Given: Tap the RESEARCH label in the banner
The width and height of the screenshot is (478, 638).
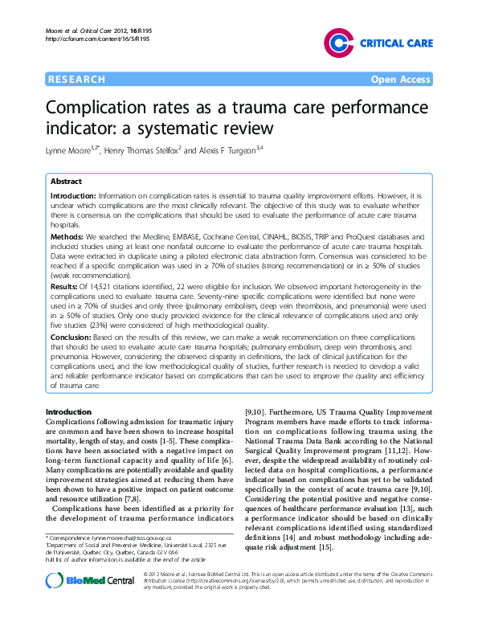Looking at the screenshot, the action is click(x=77, y=80).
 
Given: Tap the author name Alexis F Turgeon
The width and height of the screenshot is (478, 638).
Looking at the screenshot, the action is click(x=231, y=150).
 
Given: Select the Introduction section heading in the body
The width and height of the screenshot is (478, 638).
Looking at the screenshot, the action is click(x=73, y=412).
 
